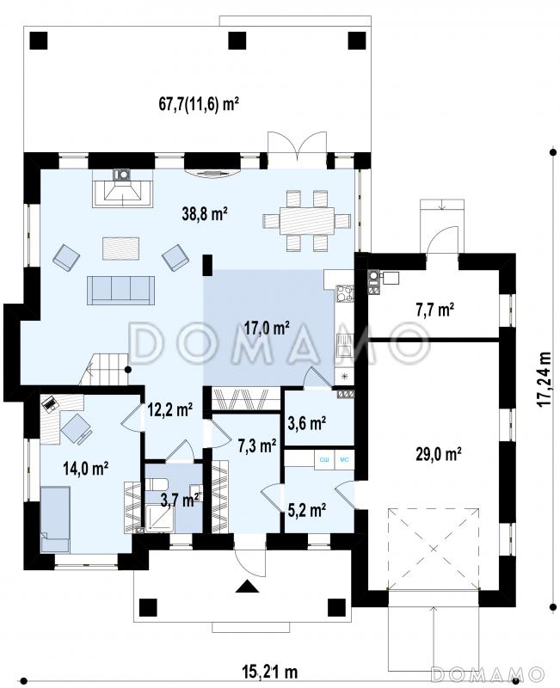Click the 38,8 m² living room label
205,213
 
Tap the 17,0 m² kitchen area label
267,328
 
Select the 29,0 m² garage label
438,453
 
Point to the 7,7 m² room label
434,310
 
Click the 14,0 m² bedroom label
86,469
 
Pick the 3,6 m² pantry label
307,423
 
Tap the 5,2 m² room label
307,510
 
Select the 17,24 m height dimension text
545,379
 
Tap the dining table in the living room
307,221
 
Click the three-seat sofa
121,290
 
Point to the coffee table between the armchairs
121,249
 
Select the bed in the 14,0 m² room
55,519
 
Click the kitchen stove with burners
344,294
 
